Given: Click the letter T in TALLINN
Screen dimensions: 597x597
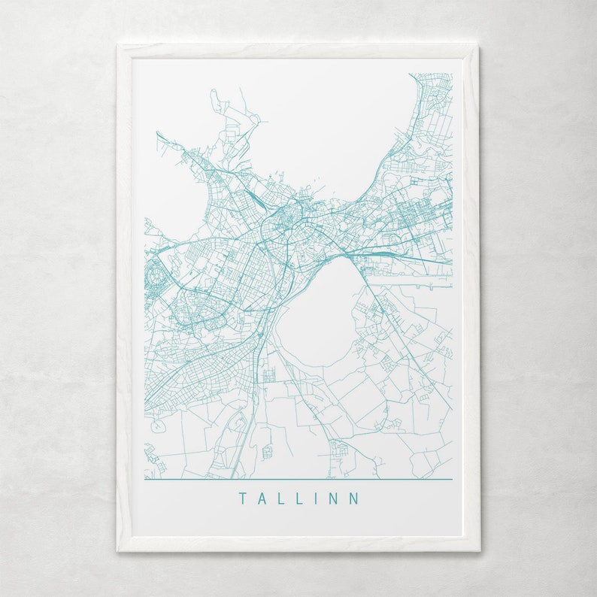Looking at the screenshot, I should point(243,499).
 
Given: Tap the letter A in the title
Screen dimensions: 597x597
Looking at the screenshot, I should point(262,499).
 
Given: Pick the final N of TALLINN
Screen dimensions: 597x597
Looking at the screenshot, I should point(354,499).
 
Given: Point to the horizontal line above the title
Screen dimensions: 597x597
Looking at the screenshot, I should point(298,479).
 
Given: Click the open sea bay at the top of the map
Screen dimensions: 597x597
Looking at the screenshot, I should point(331,128).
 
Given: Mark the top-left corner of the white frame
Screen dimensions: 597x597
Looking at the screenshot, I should point(118,46).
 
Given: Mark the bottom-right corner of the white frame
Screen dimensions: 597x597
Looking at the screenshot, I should point(478,550).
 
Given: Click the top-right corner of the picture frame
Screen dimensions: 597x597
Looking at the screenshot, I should point(478,46).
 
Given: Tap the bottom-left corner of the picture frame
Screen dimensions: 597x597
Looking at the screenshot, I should point(118,550).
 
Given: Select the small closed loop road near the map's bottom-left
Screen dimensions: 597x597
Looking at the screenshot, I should point(157,426).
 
